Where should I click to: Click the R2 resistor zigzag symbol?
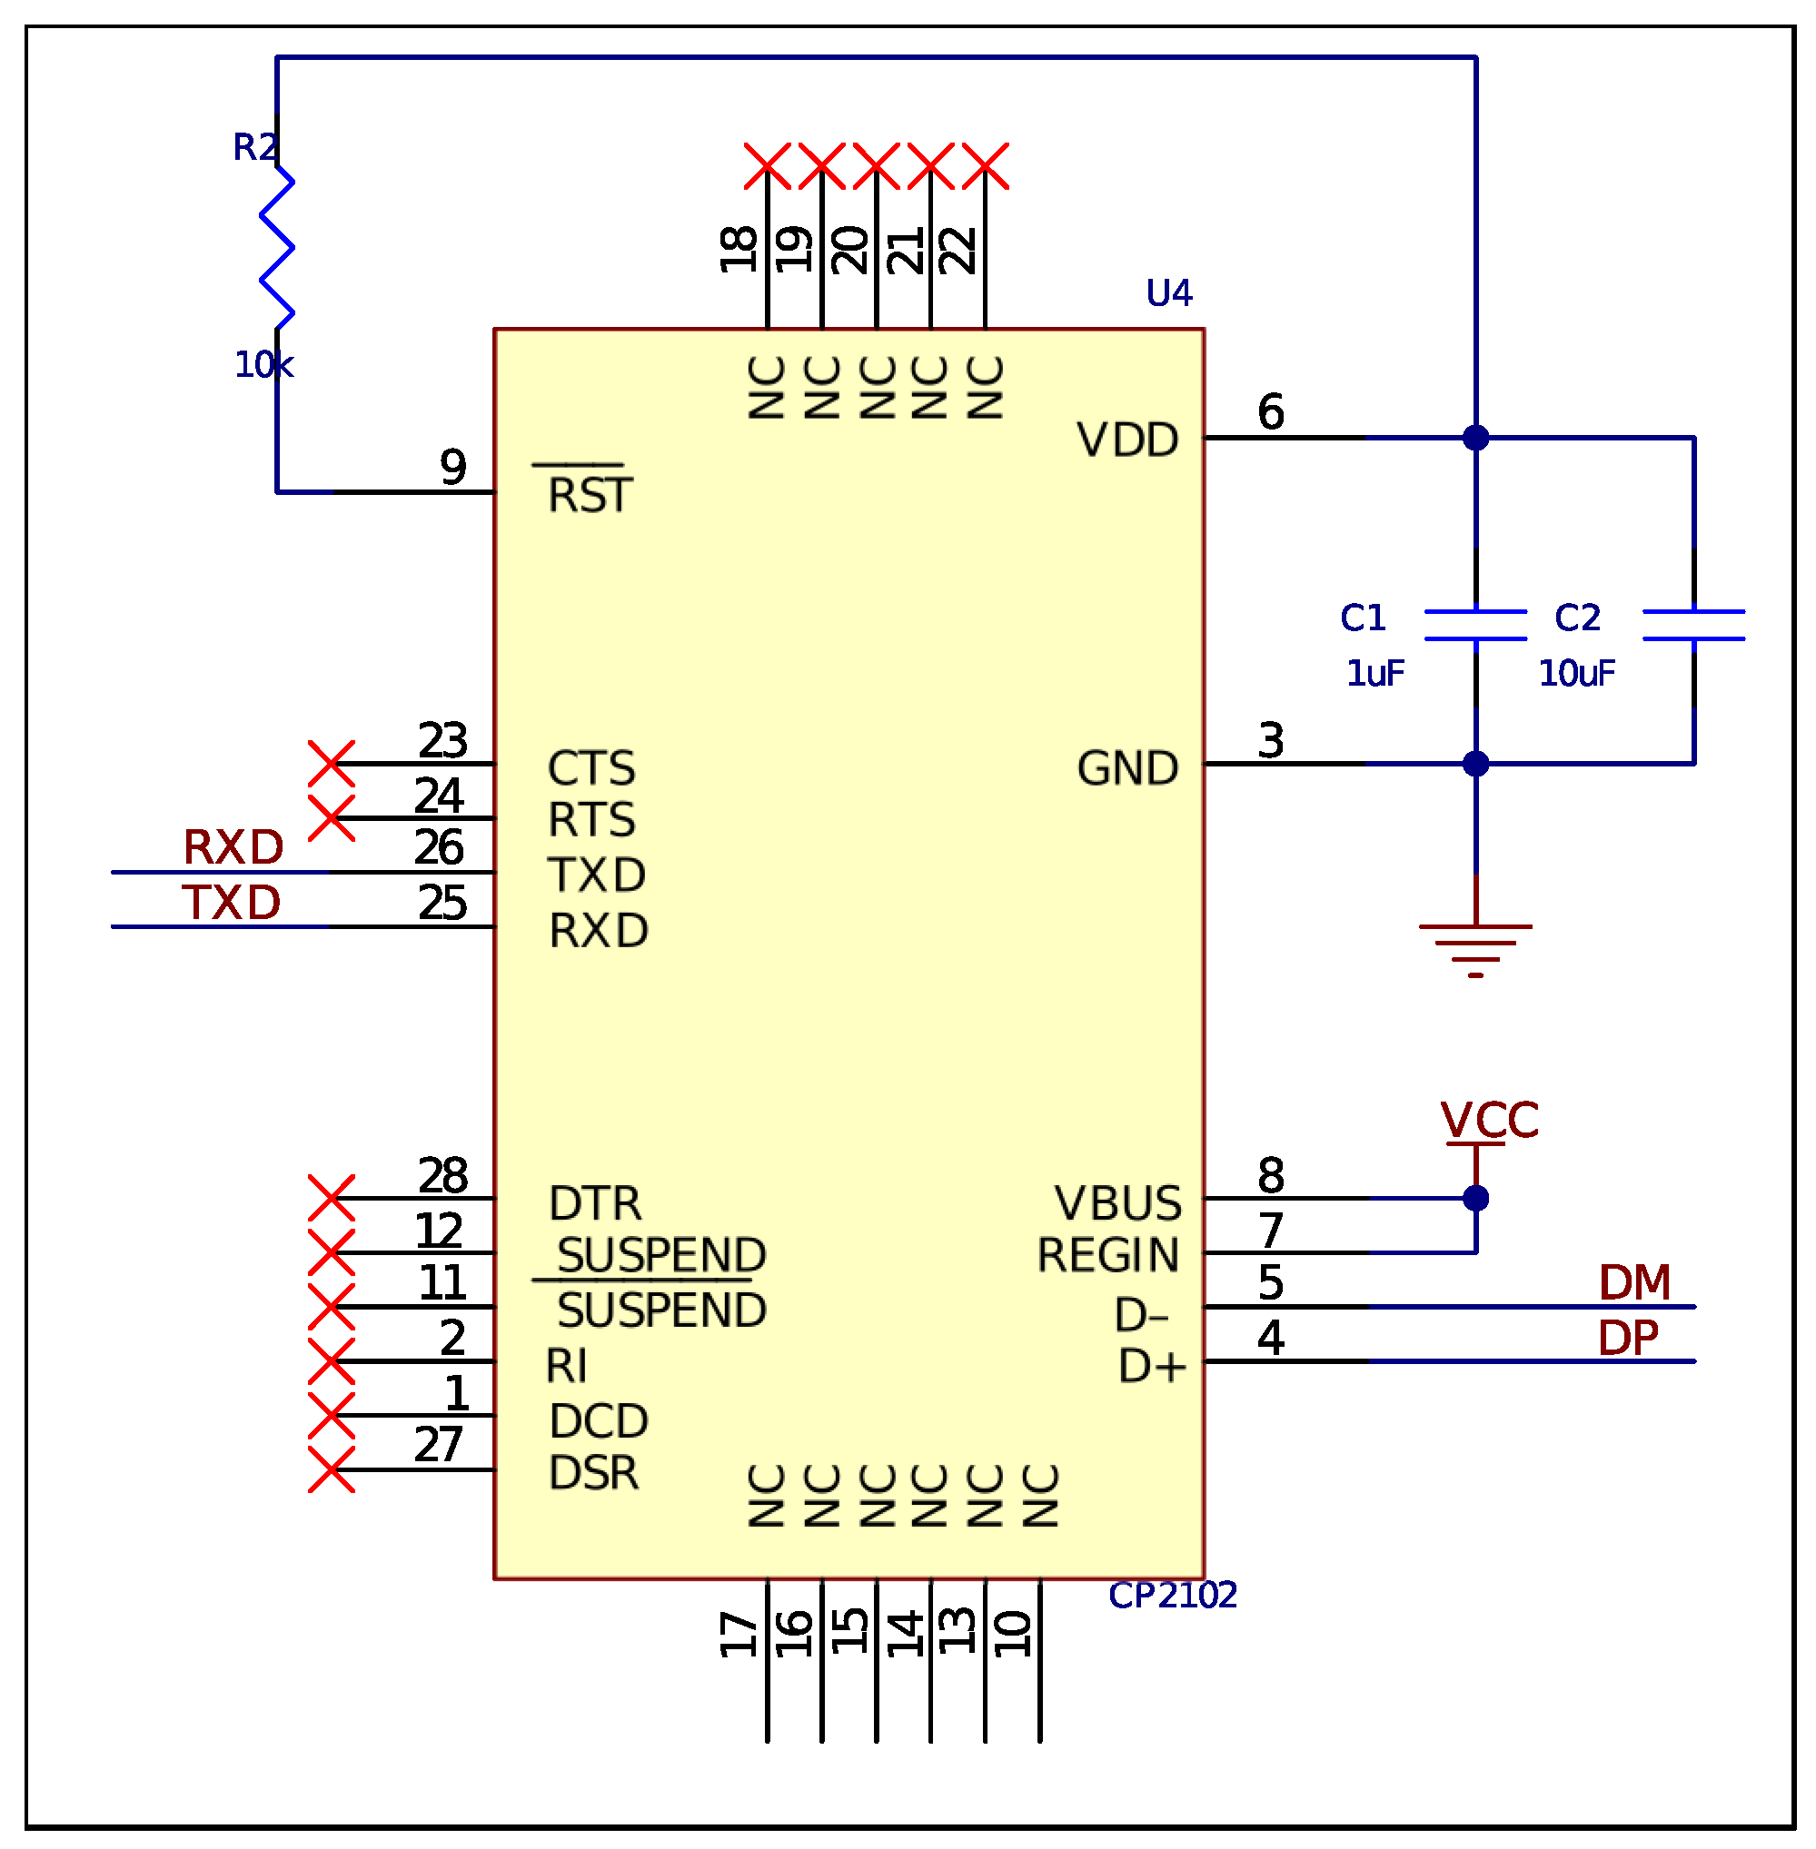pyautogui.click(x=276, y=247)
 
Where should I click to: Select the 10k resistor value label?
pyautogui.click(x=263, y=364)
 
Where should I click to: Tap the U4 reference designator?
pyautogui.click(x=1168, y=292)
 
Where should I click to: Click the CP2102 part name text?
pyautogui.click(x=1172, y=1595)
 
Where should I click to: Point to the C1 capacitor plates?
pyautogui.click(x=1474, y=625)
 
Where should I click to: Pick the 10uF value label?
pyautogui.click(x=1575, y=673)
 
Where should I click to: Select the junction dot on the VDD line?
pyautogui.click(x=1475, y=438)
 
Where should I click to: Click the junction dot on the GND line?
pyautogui.click(x=1475, y=764)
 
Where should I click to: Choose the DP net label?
pyautogui.click(x=1628, y=1338)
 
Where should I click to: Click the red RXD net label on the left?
pyautogui.click(x=233, y=846)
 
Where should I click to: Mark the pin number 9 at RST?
pyautogui.click(x=453, y=468)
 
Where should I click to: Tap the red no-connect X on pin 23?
pyautogui.click(x=332, y=763)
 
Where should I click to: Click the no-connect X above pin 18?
pyautogui.click(x=767, y=166)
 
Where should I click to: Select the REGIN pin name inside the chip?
pyautogui.click(x=1107, y=1255)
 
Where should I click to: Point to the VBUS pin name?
pyautogui.click(x=1116, y=1202)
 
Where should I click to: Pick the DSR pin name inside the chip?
pyautogui.click(x=593, y=1472)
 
